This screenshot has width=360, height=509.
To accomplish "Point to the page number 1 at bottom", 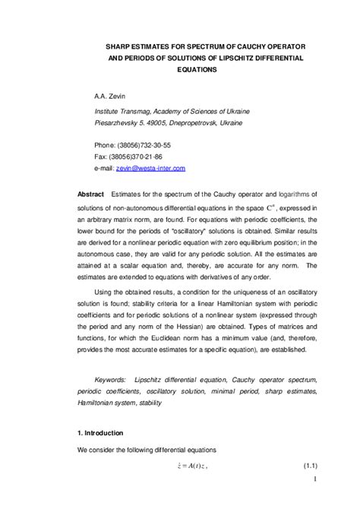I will (314, 500).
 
